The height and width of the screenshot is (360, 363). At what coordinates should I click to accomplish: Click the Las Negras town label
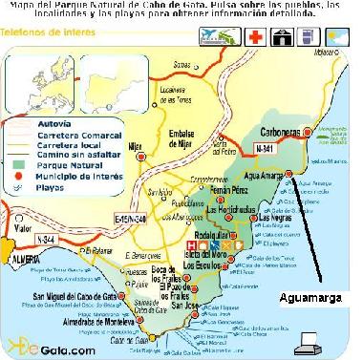click(275, 219)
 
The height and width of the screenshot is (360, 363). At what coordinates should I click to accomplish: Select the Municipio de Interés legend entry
click(68, 177)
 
